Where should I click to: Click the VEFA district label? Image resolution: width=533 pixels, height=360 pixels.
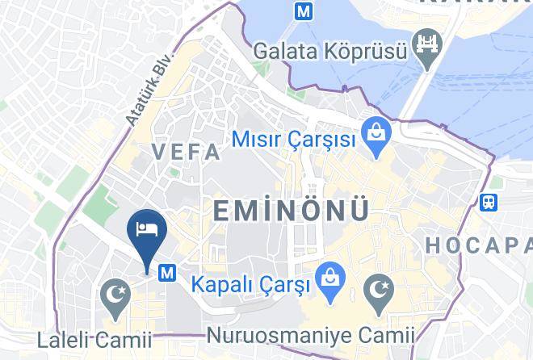click(187, 152)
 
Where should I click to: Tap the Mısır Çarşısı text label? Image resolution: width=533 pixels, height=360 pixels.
click(294, 139)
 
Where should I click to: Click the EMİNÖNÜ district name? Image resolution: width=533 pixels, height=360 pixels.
click(292, 210)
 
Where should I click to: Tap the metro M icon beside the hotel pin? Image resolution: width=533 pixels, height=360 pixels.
click(168, 273)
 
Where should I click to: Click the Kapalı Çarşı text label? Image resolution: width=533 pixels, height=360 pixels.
click(251, 284)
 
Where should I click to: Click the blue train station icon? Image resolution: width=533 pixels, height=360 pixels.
click(488, 202)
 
